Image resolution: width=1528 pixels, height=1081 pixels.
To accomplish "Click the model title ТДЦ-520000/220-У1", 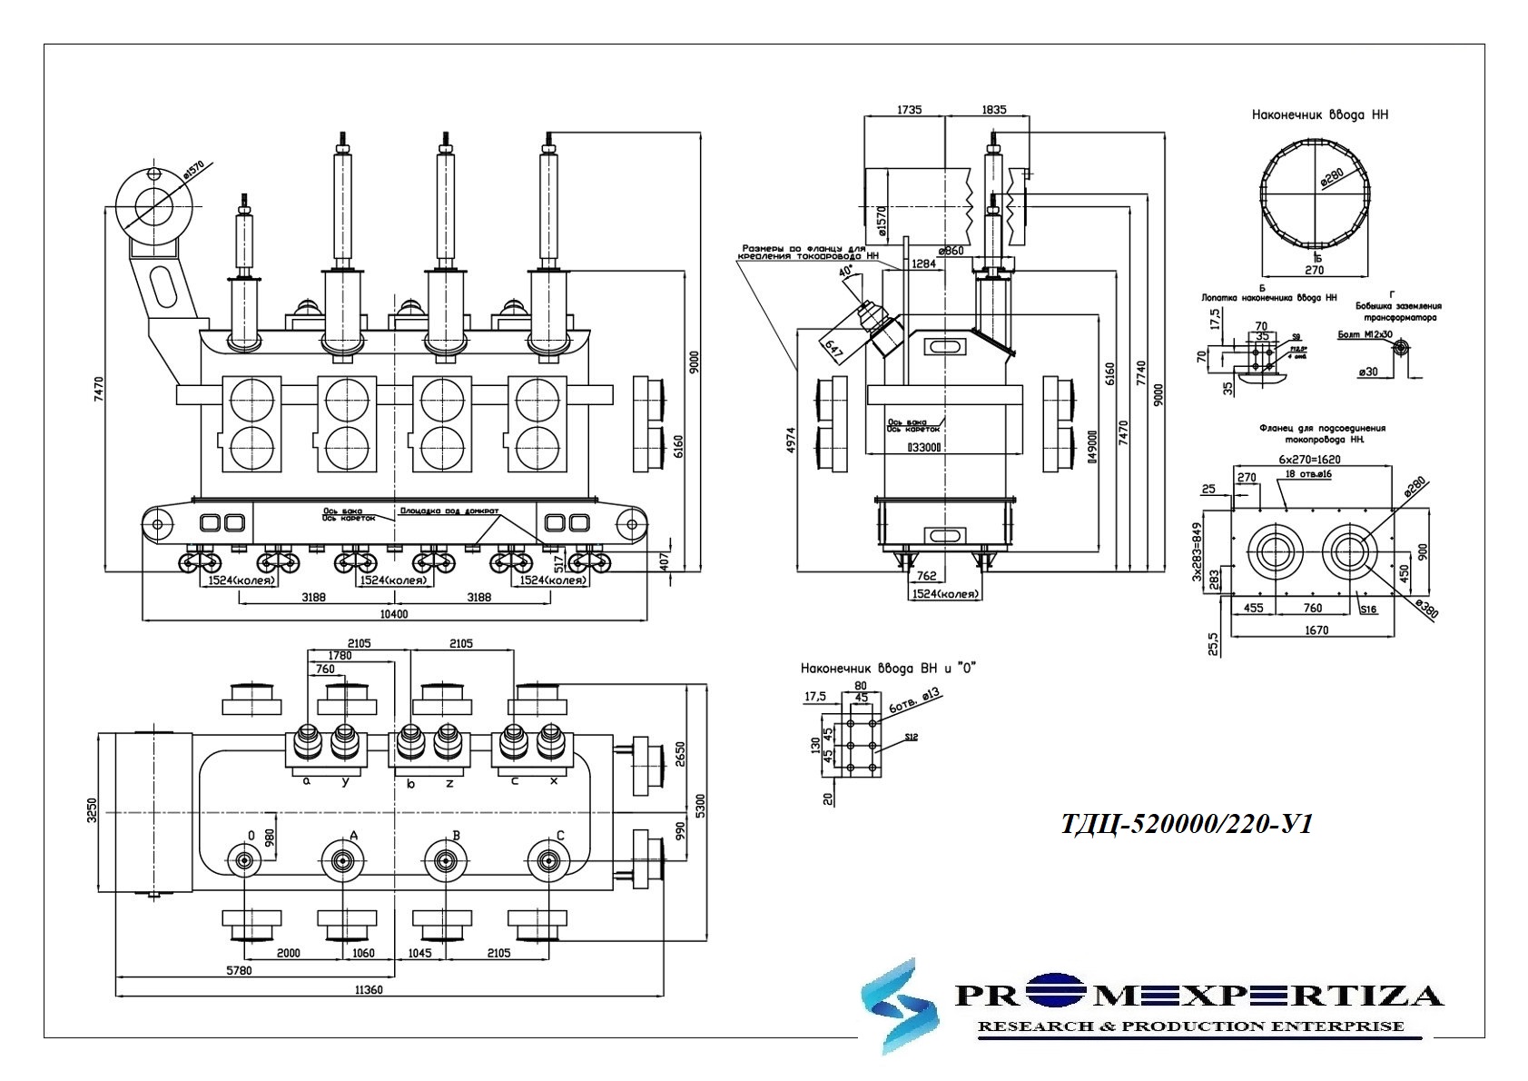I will (1187, 824).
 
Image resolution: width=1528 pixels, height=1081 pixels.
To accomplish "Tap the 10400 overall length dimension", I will (394, 614).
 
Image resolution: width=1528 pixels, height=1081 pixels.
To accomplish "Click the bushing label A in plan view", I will (354, 836).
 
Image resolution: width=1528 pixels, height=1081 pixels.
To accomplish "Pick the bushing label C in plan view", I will (560, 836).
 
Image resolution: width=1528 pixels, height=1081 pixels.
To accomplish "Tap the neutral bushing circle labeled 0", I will (243, 861).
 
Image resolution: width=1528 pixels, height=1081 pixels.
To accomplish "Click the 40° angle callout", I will (845, 272).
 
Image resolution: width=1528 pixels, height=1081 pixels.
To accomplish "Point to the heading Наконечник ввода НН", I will (1319, 115).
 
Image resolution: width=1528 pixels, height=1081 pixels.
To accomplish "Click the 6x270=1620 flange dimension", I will (1308, 460).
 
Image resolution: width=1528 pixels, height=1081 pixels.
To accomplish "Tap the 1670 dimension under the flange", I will (1316, 630).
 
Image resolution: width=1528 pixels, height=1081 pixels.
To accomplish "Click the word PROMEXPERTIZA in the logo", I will (1198, 996).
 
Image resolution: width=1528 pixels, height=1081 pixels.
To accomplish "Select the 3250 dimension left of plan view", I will (90, 810).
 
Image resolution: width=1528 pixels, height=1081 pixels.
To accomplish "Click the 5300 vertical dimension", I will (699, 805).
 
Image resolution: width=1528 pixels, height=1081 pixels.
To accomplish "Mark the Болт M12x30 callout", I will (1365, 334).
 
